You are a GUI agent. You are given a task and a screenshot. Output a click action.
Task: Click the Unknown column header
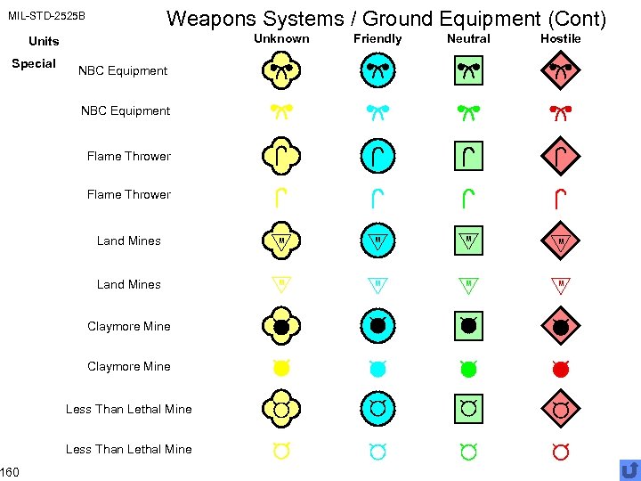click(x=281, y=38)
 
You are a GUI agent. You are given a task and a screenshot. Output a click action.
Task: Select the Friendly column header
click(x=377, y=38)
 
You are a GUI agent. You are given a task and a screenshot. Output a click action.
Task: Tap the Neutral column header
click(x=468, y=38)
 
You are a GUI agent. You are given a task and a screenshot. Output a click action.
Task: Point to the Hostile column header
click(x=560, y=38)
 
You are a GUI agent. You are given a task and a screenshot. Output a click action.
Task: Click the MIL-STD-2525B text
click(x=46, y=16)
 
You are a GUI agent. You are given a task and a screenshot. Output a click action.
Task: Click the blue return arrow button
click(x=629, y=469)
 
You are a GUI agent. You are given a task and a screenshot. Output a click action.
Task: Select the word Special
click(x=34, y=63)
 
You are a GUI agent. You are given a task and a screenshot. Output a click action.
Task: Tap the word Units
click(x=44, y=41)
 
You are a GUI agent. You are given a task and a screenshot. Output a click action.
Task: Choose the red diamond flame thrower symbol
click(x=560, y=157)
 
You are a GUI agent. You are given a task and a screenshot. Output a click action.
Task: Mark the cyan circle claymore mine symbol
click(x=377, y=326)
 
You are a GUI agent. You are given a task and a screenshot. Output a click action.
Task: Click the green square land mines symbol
click(x=468, y=240)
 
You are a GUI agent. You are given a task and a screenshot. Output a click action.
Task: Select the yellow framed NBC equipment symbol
click(x=281, y=70)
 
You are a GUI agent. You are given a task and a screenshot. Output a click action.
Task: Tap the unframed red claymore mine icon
click(x=560, y=367)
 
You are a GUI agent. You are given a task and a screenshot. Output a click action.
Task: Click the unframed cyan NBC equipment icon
click(x=377, y=111)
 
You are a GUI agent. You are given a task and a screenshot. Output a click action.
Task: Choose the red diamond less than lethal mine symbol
click(x=560, y=409)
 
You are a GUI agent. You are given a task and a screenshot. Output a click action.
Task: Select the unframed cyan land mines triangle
click(x=377, y=285)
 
